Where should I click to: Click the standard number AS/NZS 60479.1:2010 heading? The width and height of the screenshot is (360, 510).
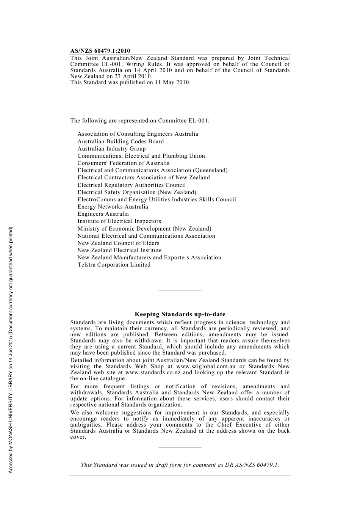(x=100, y=51)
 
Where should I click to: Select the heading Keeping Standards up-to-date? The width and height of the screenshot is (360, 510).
(x=180, y=314)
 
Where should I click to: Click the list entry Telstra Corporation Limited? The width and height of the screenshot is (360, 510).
(x=114, y=265)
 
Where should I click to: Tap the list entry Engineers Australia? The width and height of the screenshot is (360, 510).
(x=103, y=214)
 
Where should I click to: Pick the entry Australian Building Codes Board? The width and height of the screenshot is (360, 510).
(x=121, y=141)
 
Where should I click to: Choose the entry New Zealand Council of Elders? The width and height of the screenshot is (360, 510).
(x=118, y=243)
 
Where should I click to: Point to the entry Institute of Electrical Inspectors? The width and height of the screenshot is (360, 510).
(x=119, y=221)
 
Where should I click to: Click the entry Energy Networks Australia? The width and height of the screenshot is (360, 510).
(x=113, y=207)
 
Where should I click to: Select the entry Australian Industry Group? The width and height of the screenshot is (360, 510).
(x=111, y=149)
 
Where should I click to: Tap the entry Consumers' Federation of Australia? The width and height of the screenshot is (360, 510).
(x=124, y=163)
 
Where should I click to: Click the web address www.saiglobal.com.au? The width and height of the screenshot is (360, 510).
(x=206, y=367)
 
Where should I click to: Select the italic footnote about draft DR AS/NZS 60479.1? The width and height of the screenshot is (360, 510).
(x=180, y=465)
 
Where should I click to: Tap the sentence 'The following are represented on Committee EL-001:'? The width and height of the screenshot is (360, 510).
(x=140, y=121)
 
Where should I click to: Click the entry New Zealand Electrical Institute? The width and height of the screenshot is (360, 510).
(x=119, y=251)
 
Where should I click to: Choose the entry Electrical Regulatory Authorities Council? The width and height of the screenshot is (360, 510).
(x=131, y=185)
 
